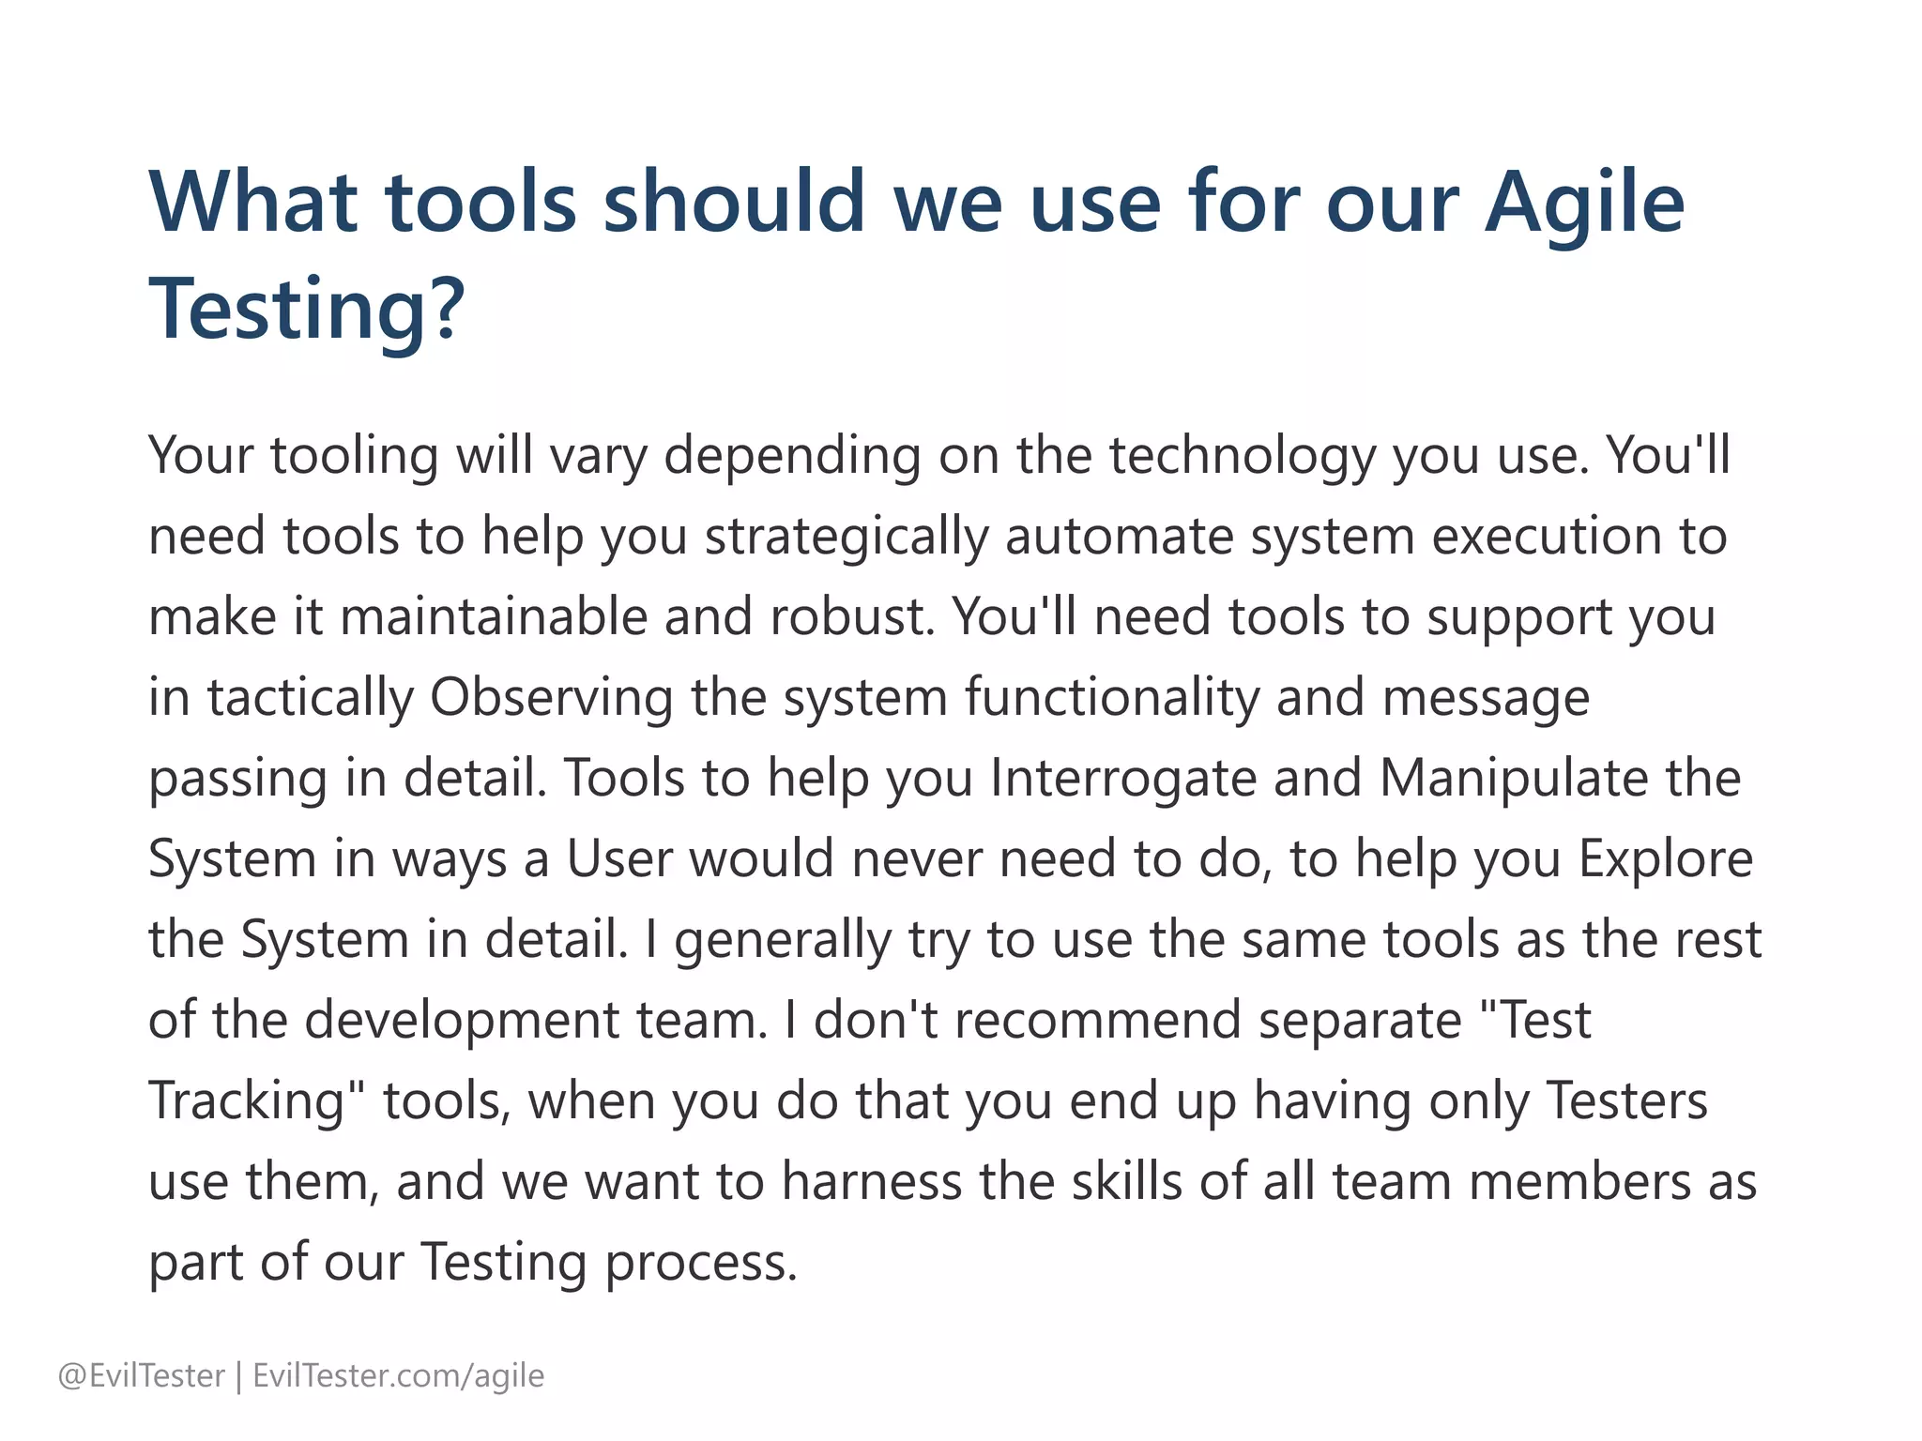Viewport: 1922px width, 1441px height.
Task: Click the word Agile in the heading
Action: click(x=1584, y=204)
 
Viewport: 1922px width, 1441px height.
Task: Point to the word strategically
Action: click(x=847, y=538)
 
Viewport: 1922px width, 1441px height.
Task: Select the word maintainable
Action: click(x=493, y=618)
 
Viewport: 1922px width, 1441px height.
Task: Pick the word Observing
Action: click(x=551, y=699)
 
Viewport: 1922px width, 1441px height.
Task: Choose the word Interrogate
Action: click(x=1122, y=780)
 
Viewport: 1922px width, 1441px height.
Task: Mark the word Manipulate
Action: click(x=1513, y=780)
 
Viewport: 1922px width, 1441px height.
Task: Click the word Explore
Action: click(x=1666, y=860)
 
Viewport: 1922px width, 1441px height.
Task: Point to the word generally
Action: click(x=783, y=941)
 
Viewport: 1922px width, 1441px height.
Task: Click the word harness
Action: click(x=872, y=1183)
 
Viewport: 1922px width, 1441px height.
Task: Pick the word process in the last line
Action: click(x=700, y=1264)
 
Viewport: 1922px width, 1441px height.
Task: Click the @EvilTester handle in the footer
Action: click(x=142, y=1376)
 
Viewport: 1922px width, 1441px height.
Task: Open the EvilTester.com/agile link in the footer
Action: click(x=399, y=1376)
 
